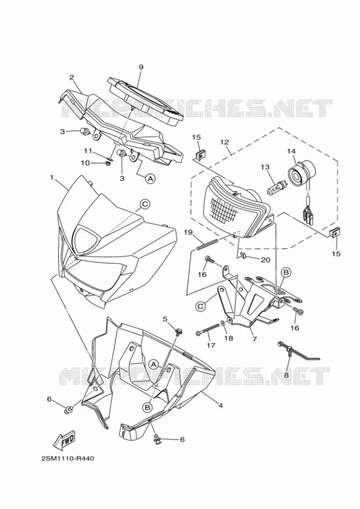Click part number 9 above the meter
click(x=141, y=67)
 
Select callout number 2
click(x=71, y=77)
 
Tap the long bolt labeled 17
click(x=208, y=330)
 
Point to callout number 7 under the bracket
click(x=254, y=339)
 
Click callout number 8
click(x=286, y=374)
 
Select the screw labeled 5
click(x=178, y=331)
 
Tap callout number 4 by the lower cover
click(x=220, y=406)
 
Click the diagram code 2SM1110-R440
click(x=67, y=459)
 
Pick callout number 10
click(x=85, y=163)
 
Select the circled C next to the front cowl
click(x=145, y=204)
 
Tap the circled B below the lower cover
click(x=148, y=407)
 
